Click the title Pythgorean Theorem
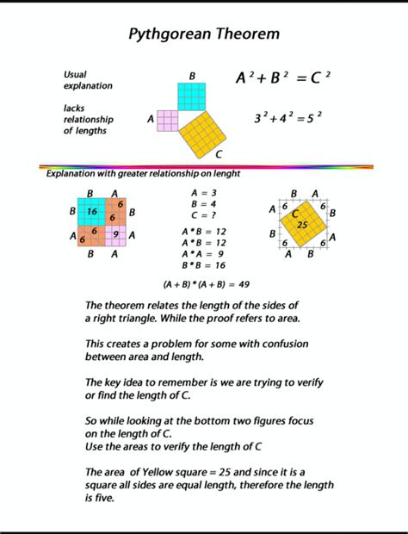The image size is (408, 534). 203,34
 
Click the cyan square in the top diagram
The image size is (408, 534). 192,96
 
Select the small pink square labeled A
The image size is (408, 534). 167,121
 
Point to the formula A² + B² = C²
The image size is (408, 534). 283,78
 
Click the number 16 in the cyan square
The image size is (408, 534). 91,210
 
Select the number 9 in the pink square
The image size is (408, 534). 116,234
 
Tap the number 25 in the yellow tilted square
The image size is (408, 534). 301,225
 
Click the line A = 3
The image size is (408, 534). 203,193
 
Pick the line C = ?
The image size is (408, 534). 203,215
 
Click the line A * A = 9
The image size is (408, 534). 203,254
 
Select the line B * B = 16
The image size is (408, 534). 203,266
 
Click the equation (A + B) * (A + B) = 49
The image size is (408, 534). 206,283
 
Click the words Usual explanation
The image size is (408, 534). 87,80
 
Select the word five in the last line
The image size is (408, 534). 104,497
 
